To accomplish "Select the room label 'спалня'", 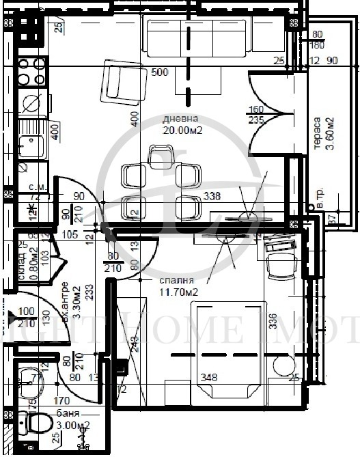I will [177, 280].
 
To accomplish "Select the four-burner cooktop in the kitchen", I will [31, 72].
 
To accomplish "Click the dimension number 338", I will [212, 197].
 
